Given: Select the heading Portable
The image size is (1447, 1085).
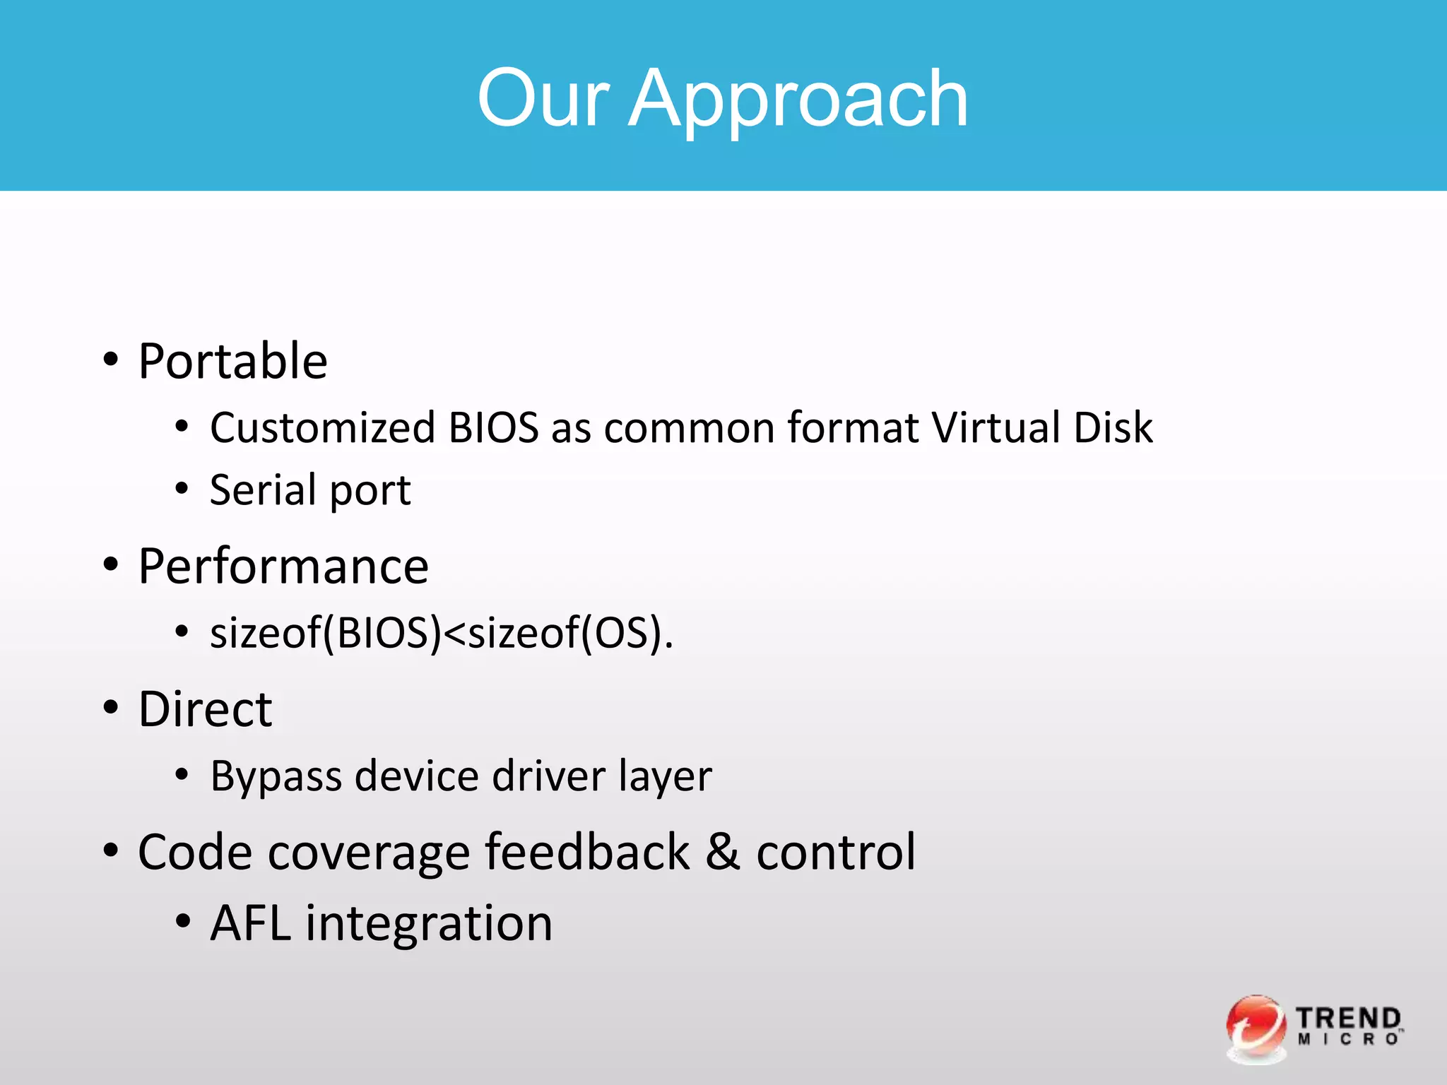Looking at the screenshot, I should click(x=232, y=361).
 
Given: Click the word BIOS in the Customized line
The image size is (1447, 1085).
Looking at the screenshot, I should click(x=494, y=427).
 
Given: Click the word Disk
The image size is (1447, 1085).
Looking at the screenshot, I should click(x=1113, y=427).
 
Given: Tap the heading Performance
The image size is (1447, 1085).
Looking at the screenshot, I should click(x=283, y=567).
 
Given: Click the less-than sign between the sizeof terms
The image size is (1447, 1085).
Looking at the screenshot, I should click(x=455, y=634).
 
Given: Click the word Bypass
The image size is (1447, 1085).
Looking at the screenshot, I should click(x=276, y=776).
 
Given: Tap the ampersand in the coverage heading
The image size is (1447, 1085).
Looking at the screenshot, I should click(x=722, y=852).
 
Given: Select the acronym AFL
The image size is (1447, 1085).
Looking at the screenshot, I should click(x=251, y=923).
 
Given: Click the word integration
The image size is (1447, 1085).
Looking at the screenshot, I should click(x=429, y=925).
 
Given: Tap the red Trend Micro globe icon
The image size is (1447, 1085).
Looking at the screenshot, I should click(x=1256, y=1028).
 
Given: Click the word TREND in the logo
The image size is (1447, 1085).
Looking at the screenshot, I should click(x=1348, y=1019).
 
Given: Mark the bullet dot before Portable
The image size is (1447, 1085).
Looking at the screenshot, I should click(x=111, y=360).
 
